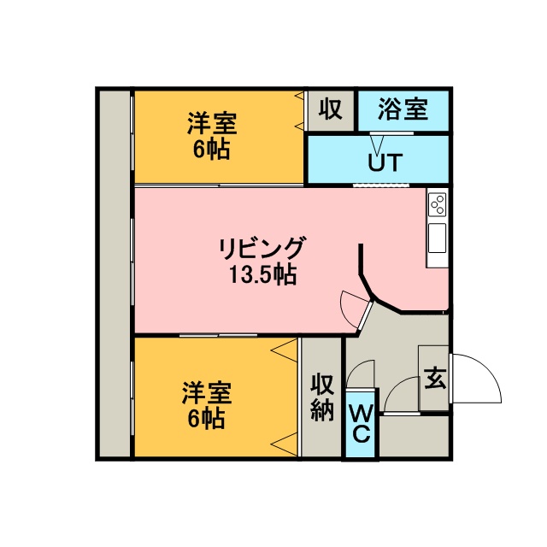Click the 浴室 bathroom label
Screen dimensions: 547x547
[403, 109]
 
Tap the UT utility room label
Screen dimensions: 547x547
[385, 162]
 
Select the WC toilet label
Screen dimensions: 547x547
[361, 424]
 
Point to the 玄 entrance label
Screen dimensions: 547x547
[435, 378]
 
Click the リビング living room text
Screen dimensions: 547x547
[262, 248]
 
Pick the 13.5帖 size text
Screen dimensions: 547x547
[262, 274]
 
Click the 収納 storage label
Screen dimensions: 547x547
[322, 397]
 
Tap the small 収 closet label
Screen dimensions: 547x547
[331, 109]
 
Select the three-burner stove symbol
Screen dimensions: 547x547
[438, 205]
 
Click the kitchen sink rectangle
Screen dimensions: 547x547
[437, 238]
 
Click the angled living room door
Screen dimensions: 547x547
[365, 315]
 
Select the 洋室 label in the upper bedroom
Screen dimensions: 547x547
[212, 123]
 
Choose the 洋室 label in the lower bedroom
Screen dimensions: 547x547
[207, 393]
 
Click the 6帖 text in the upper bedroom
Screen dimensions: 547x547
[212, 149]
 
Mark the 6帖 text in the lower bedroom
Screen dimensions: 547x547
[207, 418]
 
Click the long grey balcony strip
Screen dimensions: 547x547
[115, 273]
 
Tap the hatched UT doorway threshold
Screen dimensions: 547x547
[373, 185]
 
